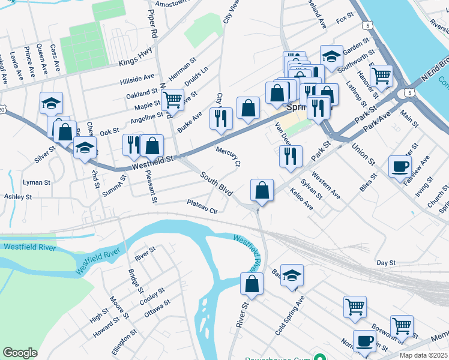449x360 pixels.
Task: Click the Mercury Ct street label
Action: coord(228,155)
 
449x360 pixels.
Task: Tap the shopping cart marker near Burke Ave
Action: coord(173,100)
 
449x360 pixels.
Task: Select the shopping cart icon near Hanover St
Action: coord(382,76)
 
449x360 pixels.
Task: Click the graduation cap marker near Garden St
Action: coord(331,56)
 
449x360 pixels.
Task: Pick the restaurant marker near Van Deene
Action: coord(291,155)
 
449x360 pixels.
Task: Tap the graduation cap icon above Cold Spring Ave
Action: coord(292,275)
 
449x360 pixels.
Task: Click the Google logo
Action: coord(20,352)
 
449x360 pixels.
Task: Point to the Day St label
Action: coord(386,263)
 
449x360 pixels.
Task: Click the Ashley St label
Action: coord(17,197)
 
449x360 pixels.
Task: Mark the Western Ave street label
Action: coord(326,187)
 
